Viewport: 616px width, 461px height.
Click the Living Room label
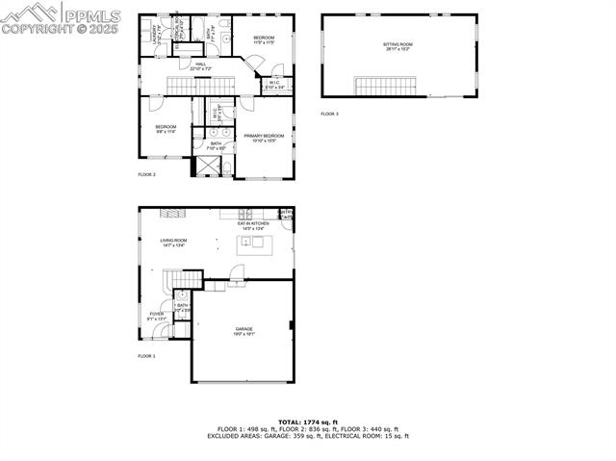173,242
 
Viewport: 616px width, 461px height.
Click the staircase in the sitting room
385,87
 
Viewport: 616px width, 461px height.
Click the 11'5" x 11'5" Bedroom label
265,40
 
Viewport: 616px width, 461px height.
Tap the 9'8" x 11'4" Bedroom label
166,128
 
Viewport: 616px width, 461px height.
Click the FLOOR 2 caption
146,174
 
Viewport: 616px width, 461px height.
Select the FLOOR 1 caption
146,356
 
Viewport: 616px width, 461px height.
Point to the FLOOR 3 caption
330,114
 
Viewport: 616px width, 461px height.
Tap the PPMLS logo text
91,15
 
